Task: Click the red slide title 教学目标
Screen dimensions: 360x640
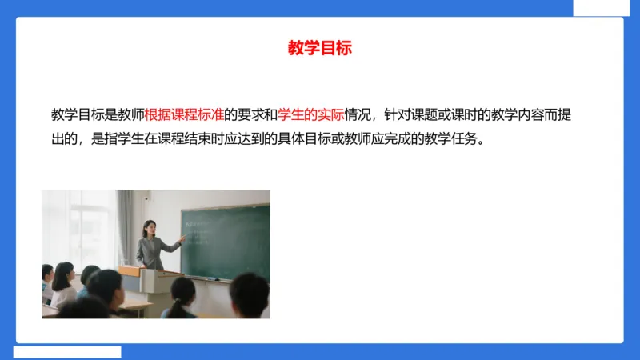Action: [319, 48]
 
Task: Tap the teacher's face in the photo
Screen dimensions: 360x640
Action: [149, 229]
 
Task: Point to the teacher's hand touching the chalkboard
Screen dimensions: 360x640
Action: [182, 238]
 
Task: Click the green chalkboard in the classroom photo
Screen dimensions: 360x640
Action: [228, 240]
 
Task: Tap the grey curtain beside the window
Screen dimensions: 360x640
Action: [125, 228]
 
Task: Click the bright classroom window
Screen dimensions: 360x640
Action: [80, 224]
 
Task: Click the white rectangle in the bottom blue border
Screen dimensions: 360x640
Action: [67, 352]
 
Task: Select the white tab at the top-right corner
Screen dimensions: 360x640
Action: [606, 7]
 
